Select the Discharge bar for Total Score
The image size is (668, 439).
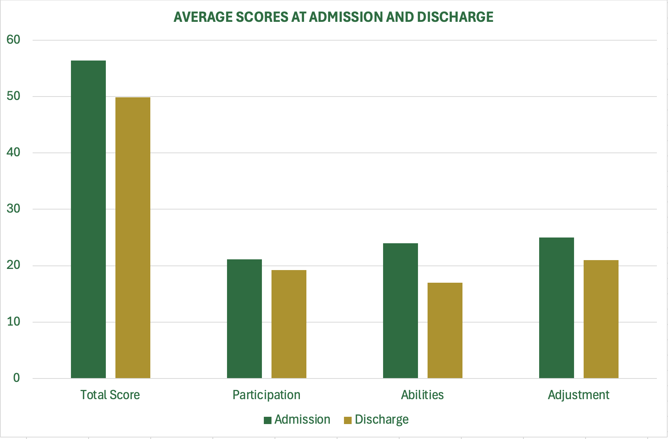pyautogui.click(x=133, y=238)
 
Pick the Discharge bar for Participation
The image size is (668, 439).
pyautogui.click(x=289, y=324)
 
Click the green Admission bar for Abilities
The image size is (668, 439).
pyautogui.click(x=400, y=311)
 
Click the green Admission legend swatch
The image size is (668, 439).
pyautogui.click(x=268, y=420)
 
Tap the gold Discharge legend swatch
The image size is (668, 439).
pyautogui.click(x=348, y=420)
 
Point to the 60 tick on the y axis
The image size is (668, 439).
pyautogui.click(x=13, y=39)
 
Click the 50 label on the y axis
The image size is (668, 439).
pyautogui.click(x=13, y=96)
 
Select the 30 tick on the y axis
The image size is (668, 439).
pyautogui.click(x=13, y=209)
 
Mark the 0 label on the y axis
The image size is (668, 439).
pyautogui.click(x=16, y=378)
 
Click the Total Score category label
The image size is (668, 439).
pyautogui.click(x=110, y=395)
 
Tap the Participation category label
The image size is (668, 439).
pyautogui.click(x=267, y=395)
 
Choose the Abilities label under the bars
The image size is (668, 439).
pyautogui.click(x=422, y=395)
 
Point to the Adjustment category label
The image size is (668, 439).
pyautogui.click(x=578, y=395)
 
